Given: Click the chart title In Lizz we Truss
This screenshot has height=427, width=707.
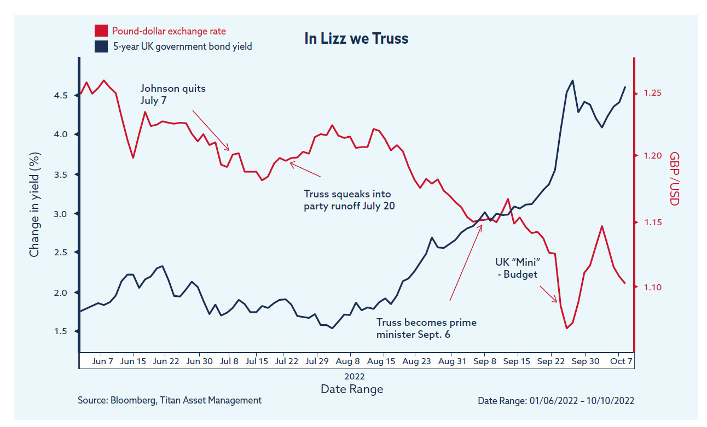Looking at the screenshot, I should (x=356, y=39).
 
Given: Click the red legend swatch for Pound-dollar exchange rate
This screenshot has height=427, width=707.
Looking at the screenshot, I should (x=101, y=31).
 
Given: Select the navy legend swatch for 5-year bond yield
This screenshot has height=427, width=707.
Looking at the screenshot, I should (x=101, y=46).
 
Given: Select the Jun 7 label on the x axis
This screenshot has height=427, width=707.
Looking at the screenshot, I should (x=103, y=361).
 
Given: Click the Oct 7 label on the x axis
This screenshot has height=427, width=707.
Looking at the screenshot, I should (x=622, y=361).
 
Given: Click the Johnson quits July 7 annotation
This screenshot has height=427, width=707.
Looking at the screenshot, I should (x=173, y=94).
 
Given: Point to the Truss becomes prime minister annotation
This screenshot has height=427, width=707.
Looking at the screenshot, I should (x=426, y=328).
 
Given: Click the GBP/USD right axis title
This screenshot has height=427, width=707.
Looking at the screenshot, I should (x=674, y=179).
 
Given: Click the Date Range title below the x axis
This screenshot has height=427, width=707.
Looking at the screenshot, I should (x=352, y=389).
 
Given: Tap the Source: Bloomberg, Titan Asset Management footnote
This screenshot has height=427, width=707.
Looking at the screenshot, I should (x=170, y=400).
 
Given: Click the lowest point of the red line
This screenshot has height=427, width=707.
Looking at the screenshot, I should (x=567, y=328).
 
